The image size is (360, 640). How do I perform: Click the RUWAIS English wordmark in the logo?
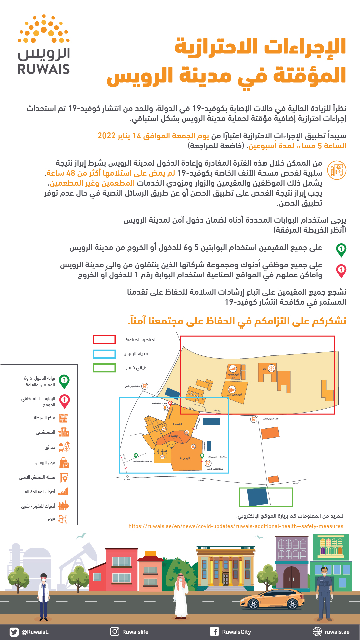point(44,69)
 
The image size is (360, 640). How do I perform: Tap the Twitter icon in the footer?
point(14,632)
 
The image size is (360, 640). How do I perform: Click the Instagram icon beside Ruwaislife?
point(115,631)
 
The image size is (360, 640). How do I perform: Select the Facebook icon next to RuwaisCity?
point(214,631)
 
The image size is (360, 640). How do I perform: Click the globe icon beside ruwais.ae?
point(317,631)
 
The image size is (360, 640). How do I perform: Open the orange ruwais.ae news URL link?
point(236,526)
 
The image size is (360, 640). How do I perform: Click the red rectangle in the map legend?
point(104,339)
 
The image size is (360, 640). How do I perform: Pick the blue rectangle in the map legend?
point(104,354)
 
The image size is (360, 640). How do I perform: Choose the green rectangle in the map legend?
point(104,368)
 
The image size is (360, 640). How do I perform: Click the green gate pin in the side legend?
point(64,381)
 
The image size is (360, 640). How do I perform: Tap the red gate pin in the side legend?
point(64,401)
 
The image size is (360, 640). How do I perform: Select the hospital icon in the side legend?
point(64,432)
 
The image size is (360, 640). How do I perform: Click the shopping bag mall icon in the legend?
point(64,463)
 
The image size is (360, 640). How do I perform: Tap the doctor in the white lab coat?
point(44,597)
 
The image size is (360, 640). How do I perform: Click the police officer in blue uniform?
point(324,593)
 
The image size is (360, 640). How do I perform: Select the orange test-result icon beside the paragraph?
point(337,170)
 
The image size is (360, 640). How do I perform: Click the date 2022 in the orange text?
point(106,136)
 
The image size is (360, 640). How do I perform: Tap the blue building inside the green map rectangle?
point(257,498)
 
